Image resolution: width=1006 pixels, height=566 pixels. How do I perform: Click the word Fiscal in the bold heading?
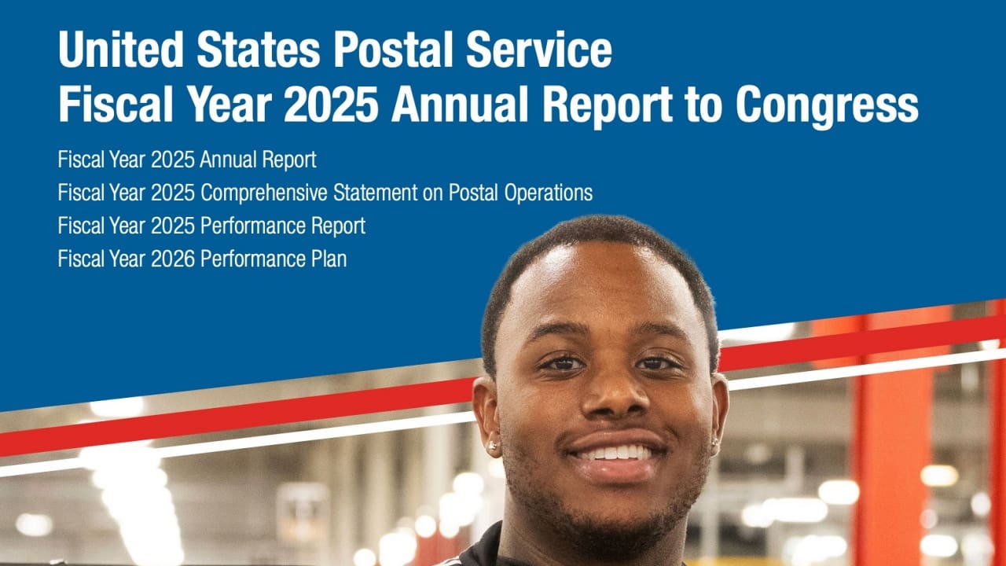click(x=113, y=105)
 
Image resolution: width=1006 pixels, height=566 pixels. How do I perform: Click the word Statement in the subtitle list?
click(x=376, y=193)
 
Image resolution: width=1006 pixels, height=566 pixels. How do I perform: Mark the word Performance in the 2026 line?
click(x=253, y=259)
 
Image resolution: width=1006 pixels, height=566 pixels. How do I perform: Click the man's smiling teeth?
click(x=615, y=454)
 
